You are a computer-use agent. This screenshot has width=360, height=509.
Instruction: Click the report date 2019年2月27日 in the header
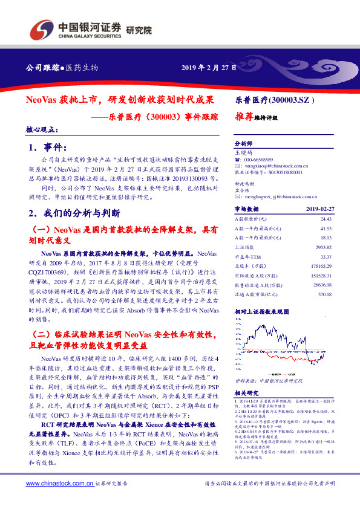pyautogui.click(x=209, y=66)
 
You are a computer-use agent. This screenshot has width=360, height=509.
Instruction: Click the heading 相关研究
pyautogui.click(x=246, y=393)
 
